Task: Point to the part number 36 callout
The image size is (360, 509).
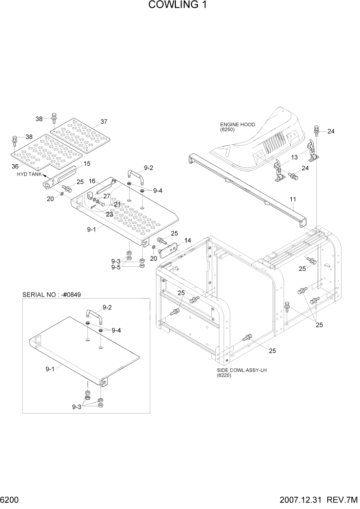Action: [x=14, y=166]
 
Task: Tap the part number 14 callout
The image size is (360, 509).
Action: [x=187, y=240]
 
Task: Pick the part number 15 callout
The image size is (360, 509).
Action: [x=87, y=164]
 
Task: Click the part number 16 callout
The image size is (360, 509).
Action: [x=92, y=181]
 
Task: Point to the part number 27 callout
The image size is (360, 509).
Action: [x=106, y=195]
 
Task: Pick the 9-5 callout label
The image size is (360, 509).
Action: [x=116, y=267]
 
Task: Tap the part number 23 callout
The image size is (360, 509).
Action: [x=109, y=214]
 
